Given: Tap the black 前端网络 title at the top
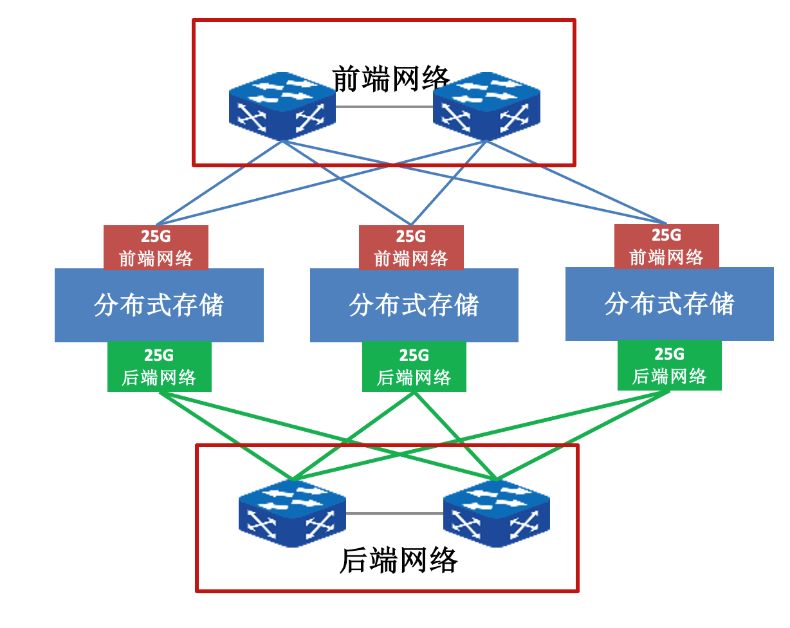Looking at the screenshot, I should (x=390, y=78).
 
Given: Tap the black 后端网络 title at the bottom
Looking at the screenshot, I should (x=398, y=560).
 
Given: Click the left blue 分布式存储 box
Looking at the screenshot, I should (x=159, y=305).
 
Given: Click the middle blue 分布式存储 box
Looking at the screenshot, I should (x=414, y=305).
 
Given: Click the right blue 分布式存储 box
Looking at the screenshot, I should (x=670, y=304).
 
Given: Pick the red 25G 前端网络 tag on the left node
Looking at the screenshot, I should (x=156, y=247).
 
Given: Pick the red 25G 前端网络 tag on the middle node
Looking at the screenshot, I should (x=411, y=247).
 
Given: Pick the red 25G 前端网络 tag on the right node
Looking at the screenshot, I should (x=666, y=246).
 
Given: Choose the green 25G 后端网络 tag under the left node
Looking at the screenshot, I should (x=159, y=366).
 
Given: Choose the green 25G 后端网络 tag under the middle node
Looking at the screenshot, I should (x=414, y=366).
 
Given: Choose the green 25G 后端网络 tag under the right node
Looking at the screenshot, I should (x=670, y=365).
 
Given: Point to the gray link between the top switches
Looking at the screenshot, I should (x=384, y=107).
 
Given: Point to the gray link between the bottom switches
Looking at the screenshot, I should (x=394, y=513).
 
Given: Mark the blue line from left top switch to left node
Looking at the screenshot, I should (x=219, y=183).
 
